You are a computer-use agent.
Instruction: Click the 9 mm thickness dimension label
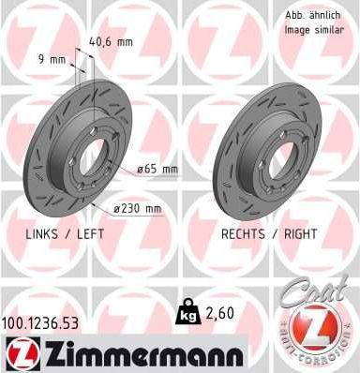tap(51, 60)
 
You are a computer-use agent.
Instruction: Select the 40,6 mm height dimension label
tap(110, 41)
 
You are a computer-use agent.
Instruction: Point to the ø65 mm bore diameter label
tap(157, 170)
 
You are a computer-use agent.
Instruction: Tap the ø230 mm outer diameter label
tap(138, 208)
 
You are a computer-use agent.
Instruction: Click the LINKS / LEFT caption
tap(63, 233)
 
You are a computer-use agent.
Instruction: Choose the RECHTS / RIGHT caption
tap(269, 233)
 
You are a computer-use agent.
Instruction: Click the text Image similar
tap(315, 30)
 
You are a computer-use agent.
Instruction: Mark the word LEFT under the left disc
tap(89, 233)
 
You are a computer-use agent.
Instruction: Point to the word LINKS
tap(42, 233)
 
